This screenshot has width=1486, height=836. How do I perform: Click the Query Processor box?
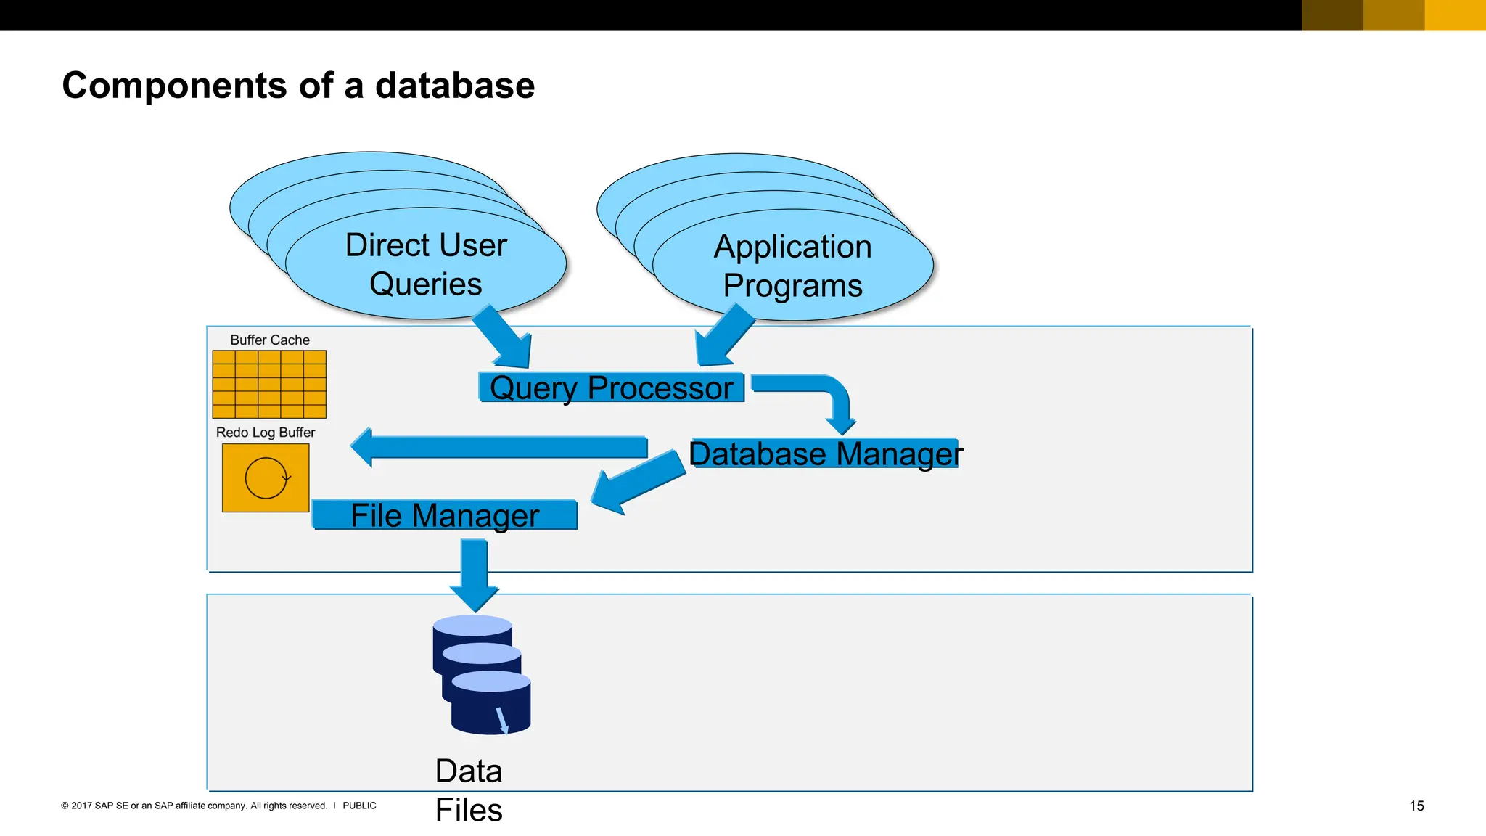coord(611,388)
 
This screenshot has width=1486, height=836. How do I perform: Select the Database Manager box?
coord(825,454)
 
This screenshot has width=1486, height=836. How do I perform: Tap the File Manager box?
coord(445,515)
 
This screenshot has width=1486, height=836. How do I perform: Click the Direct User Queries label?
coord(426,264)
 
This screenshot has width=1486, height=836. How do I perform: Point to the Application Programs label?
coord(792,266)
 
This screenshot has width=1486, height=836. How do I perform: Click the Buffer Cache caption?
coord(269,340)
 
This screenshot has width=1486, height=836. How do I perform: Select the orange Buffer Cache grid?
coord(269,385)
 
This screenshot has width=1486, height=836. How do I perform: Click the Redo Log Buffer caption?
coord(266,433)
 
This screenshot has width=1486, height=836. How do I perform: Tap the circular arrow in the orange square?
coord(266,478)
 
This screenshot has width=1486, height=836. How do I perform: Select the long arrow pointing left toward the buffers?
coord(501,447)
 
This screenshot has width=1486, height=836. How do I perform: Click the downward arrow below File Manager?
coord(475,573)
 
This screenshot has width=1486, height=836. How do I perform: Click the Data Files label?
coord(469,790)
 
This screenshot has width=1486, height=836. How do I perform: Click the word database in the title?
coord(454,86)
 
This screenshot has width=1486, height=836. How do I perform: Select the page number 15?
coord(1416,806)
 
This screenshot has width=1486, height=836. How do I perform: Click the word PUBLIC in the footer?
coord(359,806)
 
